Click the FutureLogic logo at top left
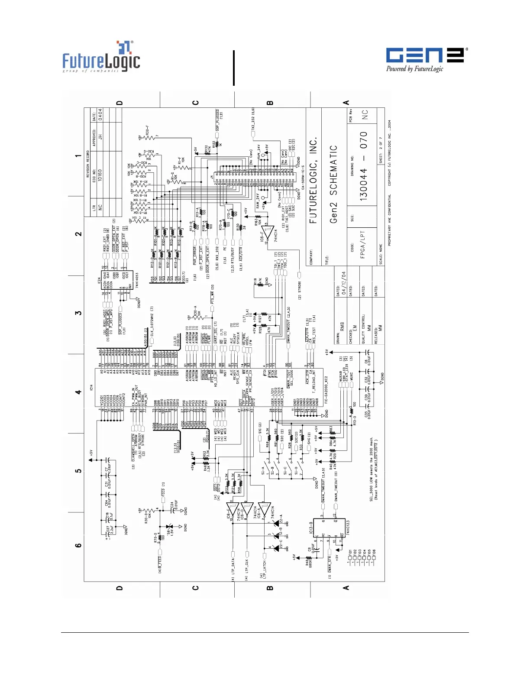pyautogui.click(x=101, y=57)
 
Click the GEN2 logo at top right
pyautogui.click(x=427, y=59)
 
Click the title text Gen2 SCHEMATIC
pyautogui.click(x=333, y=184)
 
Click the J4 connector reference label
pyautogui.click(x=212, y=177)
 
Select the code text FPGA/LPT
pyautogui.click(x=363, y=244)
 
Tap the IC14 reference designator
pyautogui.click(x=91, y=387)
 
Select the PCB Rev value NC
pyautogui.click(x=365, y=114)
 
